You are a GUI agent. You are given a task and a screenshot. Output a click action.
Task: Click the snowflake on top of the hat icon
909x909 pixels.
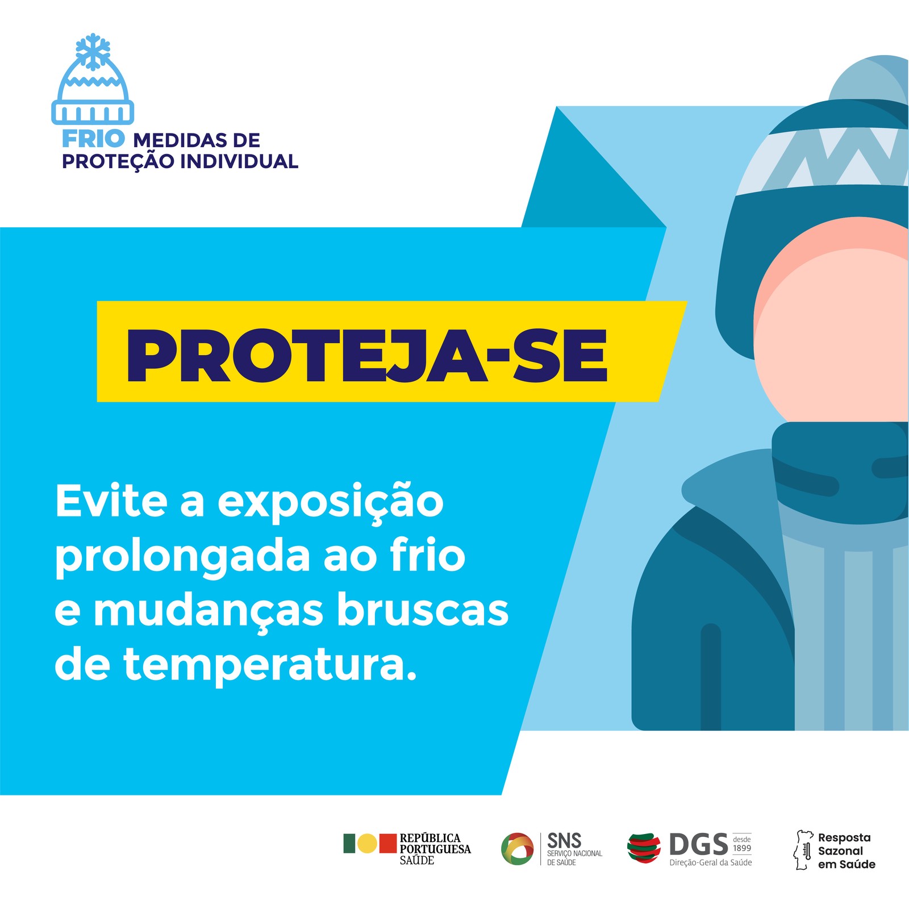(x=93, y=51)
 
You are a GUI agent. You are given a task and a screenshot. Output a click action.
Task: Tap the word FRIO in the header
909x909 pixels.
(x=93, y=138)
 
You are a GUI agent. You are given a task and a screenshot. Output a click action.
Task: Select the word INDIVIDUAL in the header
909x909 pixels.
(x=239, y=161)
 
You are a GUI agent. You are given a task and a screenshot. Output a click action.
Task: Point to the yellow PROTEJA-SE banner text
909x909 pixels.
(x=367, y=356)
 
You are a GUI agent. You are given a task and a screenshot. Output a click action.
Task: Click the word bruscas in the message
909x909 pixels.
(x=423, y=610)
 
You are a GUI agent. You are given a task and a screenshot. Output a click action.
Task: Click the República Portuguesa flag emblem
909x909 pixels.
(x=369, y=844)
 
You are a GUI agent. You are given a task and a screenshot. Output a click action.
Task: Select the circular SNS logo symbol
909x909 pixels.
(x=517, y=849)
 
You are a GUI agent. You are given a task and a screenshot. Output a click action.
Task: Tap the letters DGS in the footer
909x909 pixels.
(x=698, y=845)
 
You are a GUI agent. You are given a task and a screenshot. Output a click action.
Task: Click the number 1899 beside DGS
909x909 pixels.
(x=742, y=848)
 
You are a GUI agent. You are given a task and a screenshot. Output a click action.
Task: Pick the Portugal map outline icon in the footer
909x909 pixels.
(x=802, y=850)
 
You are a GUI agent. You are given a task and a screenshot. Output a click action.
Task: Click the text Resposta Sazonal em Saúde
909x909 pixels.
(x=847, y=850)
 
